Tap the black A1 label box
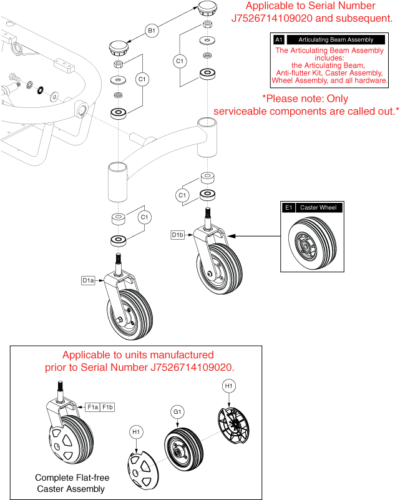point(279,39)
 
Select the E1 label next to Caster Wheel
point(289,207)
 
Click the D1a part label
point(88,280)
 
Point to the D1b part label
point(177,235)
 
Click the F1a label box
point(93,407)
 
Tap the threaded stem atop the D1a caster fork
point(116,259)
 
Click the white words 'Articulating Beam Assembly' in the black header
point(336,39)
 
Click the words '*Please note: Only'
point(305,99)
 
